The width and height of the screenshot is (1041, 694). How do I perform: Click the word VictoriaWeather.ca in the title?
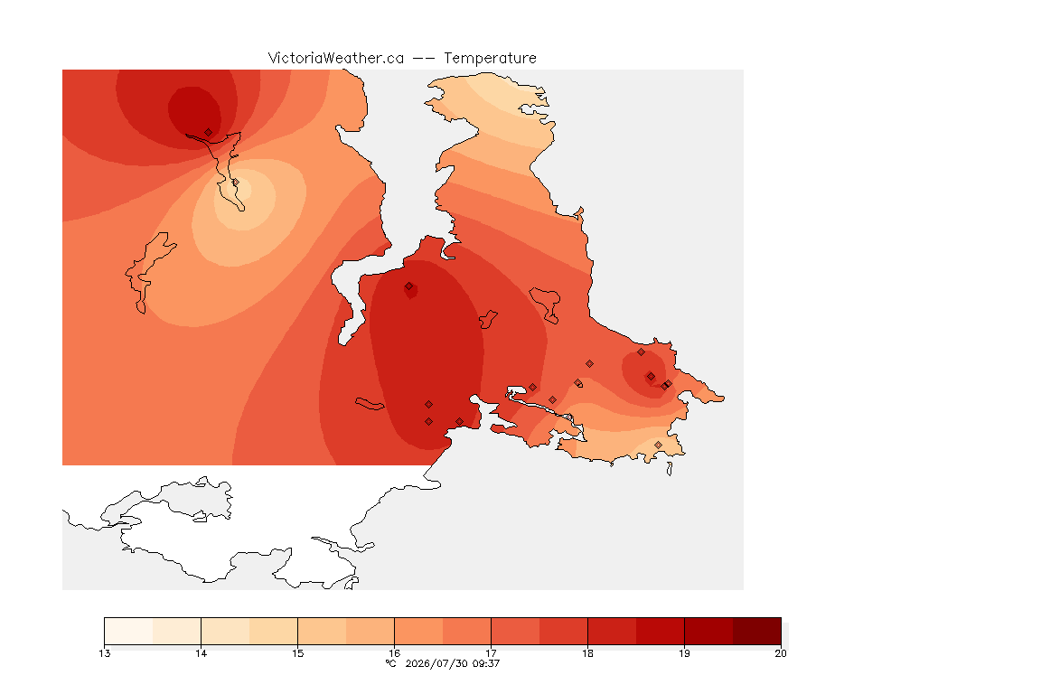coord(336,59)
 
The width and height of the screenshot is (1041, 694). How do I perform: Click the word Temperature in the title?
coord(490,59)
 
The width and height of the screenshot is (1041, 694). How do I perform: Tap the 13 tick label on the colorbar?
coord(104,653)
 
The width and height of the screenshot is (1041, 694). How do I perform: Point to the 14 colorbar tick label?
coord(202,653)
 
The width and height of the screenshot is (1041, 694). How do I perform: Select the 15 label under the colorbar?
coord(297,653)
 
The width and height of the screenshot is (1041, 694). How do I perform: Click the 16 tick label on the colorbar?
coord(394,653)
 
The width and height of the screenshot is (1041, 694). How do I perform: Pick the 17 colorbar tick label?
coord(491,653)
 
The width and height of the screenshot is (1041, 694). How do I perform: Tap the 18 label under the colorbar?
coord(587,653)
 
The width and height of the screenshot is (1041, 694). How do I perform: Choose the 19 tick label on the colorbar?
coord(684,653)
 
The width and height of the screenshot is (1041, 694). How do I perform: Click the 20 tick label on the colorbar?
coord(781,653)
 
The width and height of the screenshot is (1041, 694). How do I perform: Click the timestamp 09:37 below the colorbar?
coord(486,663)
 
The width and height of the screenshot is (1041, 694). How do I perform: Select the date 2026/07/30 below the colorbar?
coord(436,663)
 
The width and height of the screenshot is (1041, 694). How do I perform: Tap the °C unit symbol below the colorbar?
coord(390,663)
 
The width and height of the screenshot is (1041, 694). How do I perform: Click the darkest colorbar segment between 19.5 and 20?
coord(757,631)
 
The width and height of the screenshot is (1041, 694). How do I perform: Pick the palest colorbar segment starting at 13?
coord(129,631)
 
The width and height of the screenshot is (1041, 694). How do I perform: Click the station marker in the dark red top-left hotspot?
coord(209,133)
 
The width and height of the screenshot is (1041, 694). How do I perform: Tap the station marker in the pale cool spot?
coord(235,183)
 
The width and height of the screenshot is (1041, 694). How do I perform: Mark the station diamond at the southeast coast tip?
coord(658,445)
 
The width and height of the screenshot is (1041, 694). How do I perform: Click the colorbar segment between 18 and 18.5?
coord(612,631)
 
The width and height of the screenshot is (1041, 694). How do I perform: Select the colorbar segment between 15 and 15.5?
coord(322,631)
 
